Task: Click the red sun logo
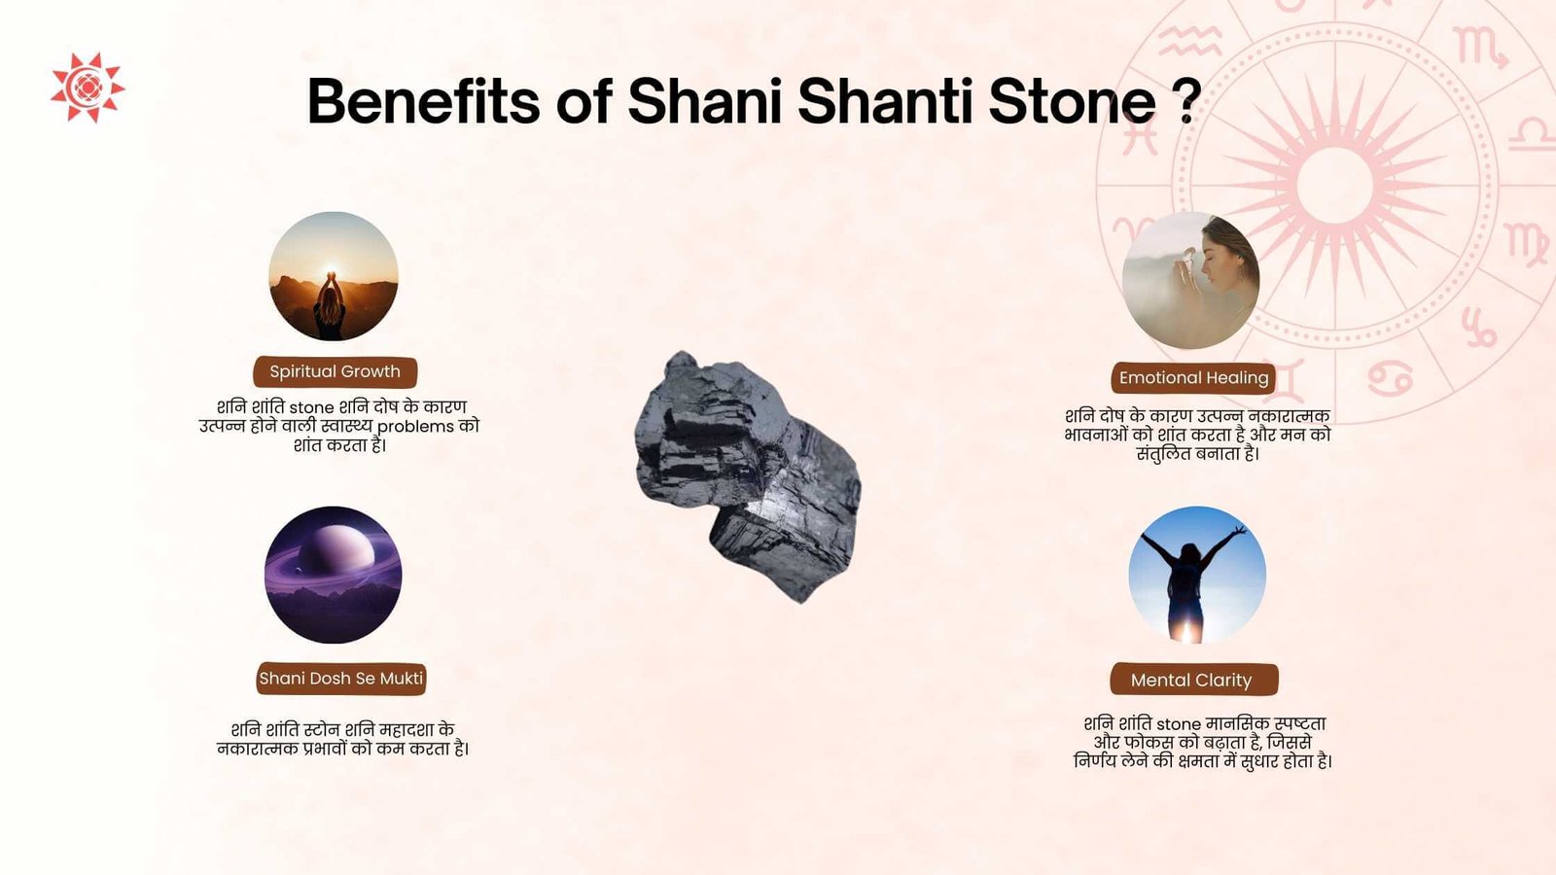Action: click(88, 87)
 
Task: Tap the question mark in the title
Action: click(1190, 101)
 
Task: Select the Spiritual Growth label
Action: click(335, 372)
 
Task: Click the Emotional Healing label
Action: click(1193, 378)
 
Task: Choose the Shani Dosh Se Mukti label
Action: click(341, 679)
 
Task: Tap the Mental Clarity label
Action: click(1193, 680)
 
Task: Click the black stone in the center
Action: click(748, 476)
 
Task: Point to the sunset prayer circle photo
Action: click(334, 276)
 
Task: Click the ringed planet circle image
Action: click(334, 575)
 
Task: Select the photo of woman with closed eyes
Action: click(1190, 281)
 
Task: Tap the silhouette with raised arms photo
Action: click(1197, 575)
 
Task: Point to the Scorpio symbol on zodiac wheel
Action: click(1480, 48)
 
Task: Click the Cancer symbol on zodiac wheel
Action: click(1391, 378)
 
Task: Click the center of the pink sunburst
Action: click(1334, 186)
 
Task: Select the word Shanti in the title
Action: click(885, 101)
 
